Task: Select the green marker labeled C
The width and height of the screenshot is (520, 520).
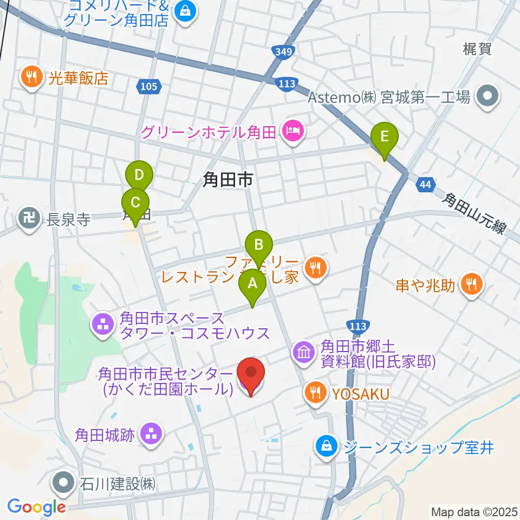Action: tap(135, 204)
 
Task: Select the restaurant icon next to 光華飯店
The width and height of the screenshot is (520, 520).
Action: tap(32, 77)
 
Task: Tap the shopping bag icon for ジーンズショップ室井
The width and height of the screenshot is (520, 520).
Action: tap(326, 447)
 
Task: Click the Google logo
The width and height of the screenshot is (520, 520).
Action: tap(36, 507)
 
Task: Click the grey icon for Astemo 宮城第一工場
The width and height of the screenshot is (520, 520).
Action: tap(486, 97)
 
